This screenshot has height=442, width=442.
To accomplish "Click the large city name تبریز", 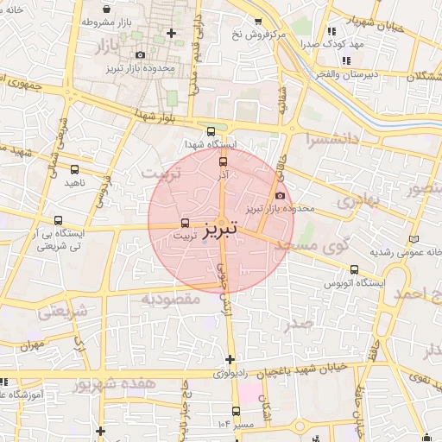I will pos(220,229).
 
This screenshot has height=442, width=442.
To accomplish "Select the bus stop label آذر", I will pos(222,174).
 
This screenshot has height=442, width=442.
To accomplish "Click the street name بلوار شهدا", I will pos(160,115).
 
